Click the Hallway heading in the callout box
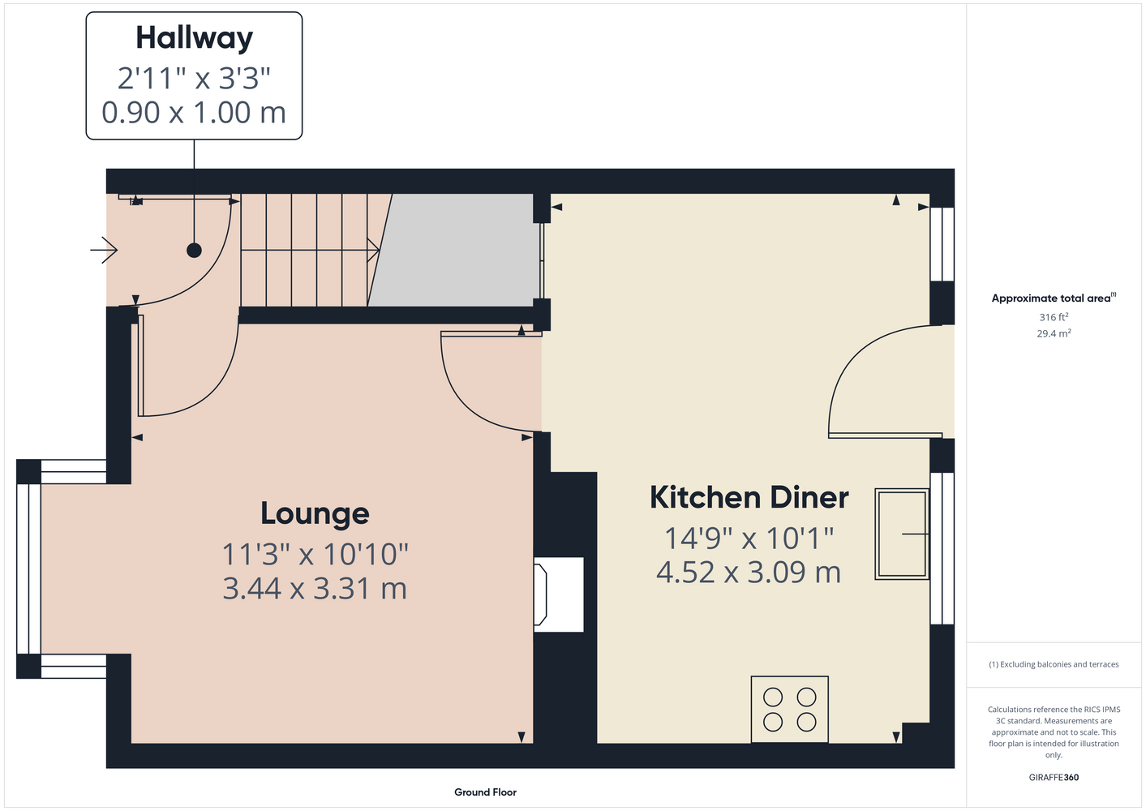coord(194,38)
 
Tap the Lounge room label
coord(315,513)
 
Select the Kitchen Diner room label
coord(749,497)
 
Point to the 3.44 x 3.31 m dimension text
coord(315,589)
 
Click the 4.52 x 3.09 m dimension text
coord(749,572)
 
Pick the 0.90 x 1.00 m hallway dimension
coord(194,113)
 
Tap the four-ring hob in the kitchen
coord(789,709)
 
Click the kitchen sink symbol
coord(901,534)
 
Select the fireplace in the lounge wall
coord(558,594)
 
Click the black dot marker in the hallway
coord(194,251)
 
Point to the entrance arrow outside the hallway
coord(104,251)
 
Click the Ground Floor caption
coord(485,792)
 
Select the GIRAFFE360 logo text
coord(1054,777)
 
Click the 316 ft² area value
coord(1054,317)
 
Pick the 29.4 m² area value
coord(1054,333)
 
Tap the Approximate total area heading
coord(1054,298)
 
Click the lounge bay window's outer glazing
coord(28,569)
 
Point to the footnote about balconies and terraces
coord(1054,664)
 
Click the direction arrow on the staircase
coord(310,251)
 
